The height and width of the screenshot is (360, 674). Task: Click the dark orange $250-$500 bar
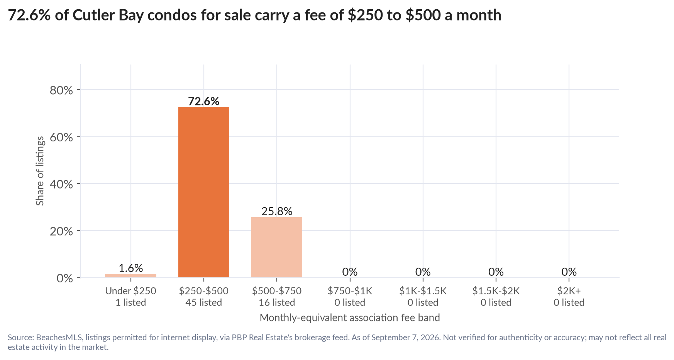tap(203, 192)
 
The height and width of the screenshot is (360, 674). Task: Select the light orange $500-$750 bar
tap(277, 247)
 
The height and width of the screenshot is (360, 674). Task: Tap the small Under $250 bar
tap(130, 275)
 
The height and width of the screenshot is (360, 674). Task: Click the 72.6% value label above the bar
tap(203, 101)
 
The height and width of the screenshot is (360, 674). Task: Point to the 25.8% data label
tap(277, 211)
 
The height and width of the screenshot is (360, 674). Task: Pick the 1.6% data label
tap(130, 268)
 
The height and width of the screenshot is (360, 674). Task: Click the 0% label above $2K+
tap(569, 272)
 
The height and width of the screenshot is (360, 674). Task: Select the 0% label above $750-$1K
tap(350, 272)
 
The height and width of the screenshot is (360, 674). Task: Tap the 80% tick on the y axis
tap(61, 90)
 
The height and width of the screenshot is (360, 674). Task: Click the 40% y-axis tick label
tap(61, 184)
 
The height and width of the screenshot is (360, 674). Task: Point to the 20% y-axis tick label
tap(61, 231)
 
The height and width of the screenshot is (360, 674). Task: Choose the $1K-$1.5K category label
tap(423, 291)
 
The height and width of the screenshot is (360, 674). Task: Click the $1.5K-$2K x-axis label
tap(496, 291)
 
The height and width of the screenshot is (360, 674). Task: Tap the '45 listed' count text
tap(203, 302)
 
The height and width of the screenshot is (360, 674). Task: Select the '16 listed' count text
tap(277, 302)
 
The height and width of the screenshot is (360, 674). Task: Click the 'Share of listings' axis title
tap(40, 171)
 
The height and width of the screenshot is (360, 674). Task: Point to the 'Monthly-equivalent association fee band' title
tap(350, 318)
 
